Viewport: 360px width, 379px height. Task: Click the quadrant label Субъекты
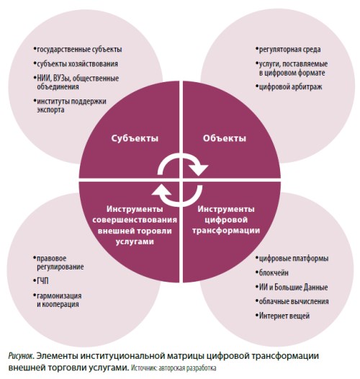[135, 138]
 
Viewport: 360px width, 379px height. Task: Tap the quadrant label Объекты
[225, 138]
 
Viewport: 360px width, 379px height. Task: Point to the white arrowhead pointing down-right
[198, 169]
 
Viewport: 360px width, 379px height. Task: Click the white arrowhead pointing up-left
[161, 191]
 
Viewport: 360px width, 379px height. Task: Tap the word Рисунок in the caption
[21, 356]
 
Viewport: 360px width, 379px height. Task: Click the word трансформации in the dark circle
[226, 231]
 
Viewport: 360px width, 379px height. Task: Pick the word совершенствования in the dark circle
[135, 220]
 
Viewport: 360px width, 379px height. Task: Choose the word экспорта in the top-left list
[50, 110]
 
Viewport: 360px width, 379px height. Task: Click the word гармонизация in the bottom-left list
[59, 296]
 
